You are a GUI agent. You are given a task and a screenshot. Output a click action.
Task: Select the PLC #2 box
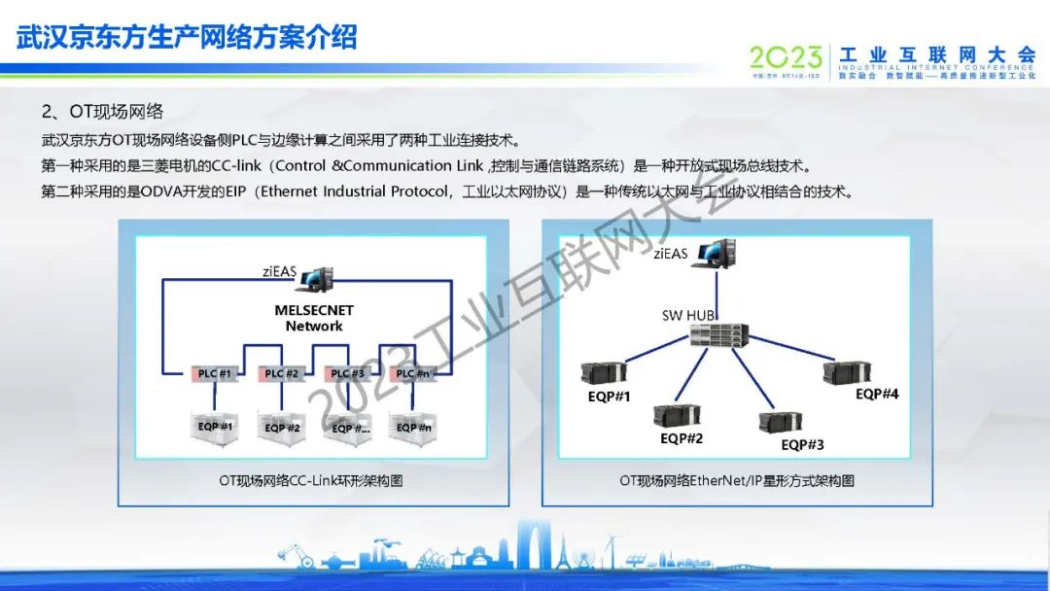[281, 374]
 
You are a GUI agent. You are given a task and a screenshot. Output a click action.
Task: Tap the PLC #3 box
[347, 374]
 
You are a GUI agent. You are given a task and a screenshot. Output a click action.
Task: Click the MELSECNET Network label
[314, 318]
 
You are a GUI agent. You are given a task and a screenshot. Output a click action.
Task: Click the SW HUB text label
[686, 315]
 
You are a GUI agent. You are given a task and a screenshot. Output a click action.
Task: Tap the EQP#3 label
[802, 445]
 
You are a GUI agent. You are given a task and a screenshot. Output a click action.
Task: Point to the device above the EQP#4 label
[843, 373]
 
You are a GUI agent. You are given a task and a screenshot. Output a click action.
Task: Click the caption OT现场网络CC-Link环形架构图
[311, 481]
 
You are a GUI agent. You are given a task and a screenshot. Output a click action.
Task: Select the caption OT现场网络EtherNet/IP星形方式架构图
[736, 481]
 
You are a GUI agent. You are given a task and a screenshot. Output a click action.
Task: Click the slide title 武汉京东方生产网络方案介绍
[187, 37]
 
